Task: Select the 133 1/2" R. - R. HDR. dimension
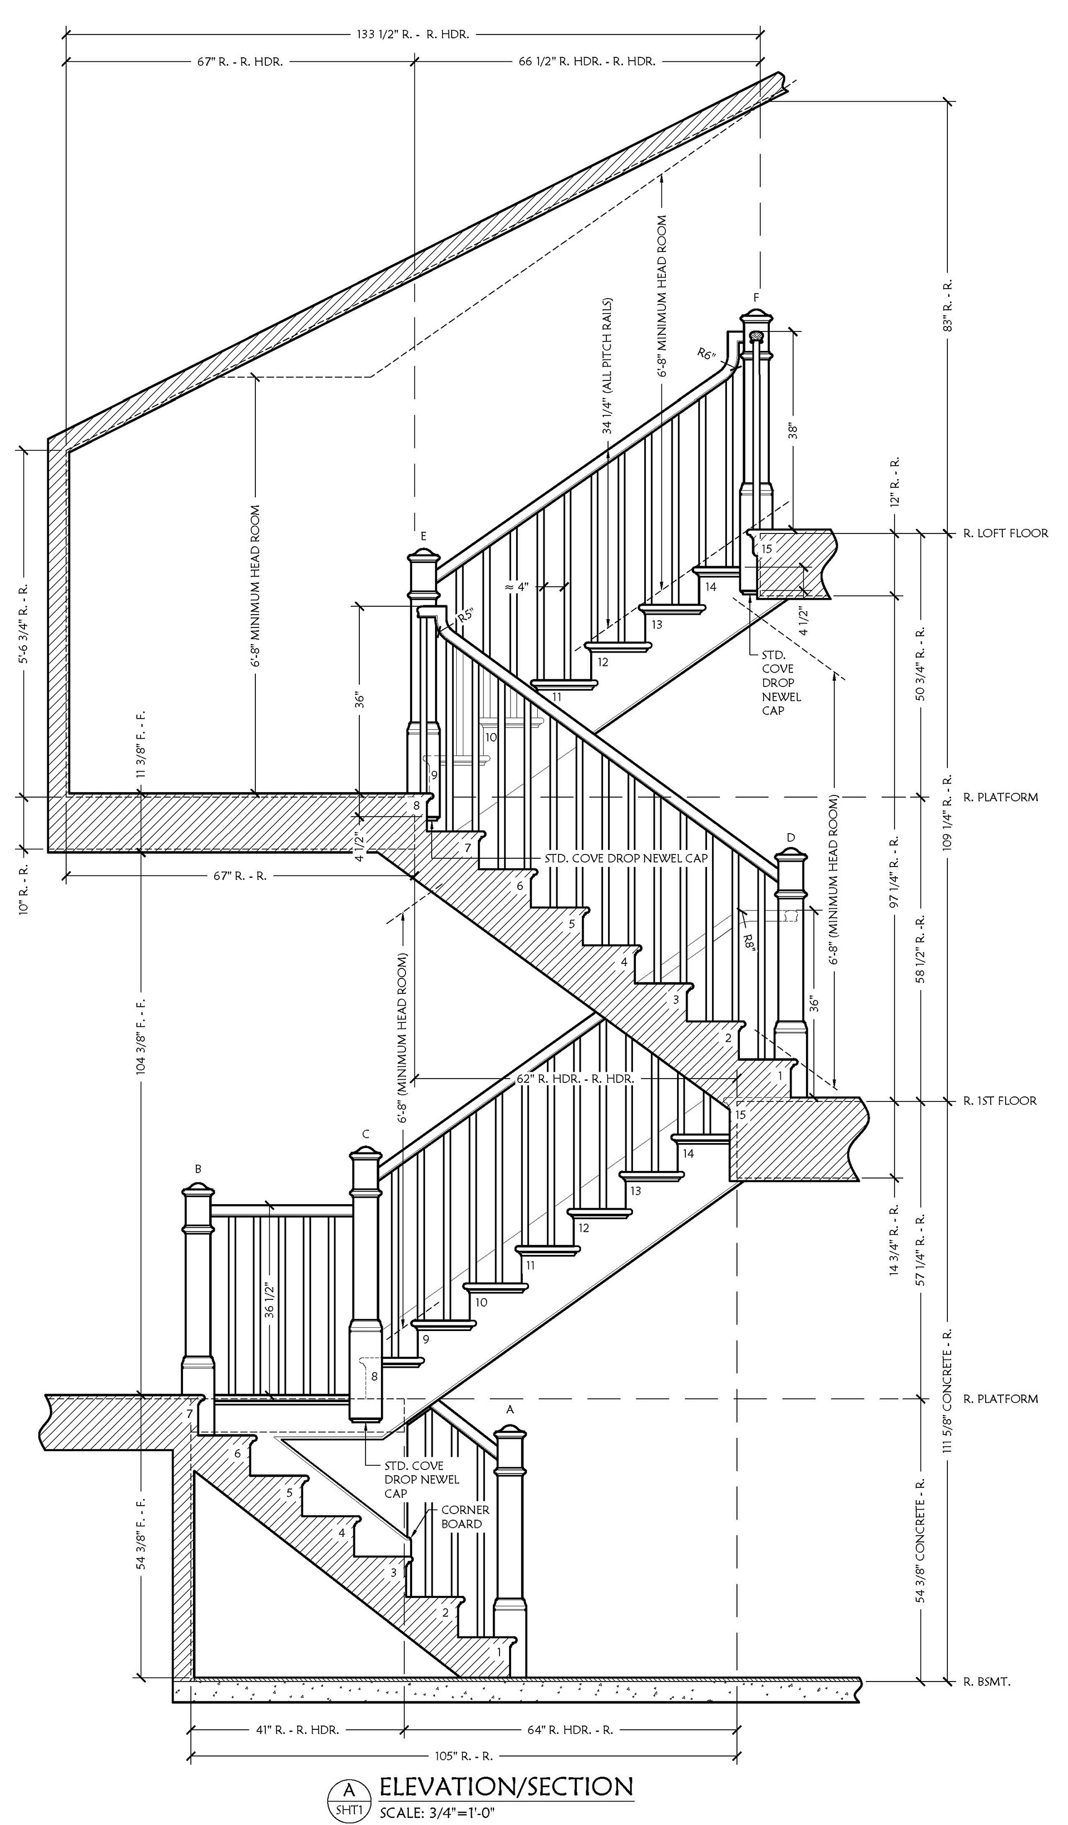click(412, 34)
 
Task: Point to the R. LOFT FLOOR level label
click(1005, 533)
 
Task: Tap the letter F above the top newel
click(756, 298)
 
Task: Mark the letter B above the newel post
click(197, 1169)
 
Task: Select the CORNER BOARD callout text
click(465, 1516)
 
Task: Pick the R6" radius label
click(706, 354)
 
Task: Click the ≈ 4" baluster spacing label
click(518, 587)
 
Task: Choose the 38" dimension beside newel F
click(794, 431)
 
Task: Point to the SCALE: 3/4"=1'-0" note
click(436, 1812)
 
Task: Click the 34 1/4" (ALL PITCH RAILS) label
click(607, 366)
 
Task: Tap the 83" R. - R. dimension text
click(947, 304)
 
